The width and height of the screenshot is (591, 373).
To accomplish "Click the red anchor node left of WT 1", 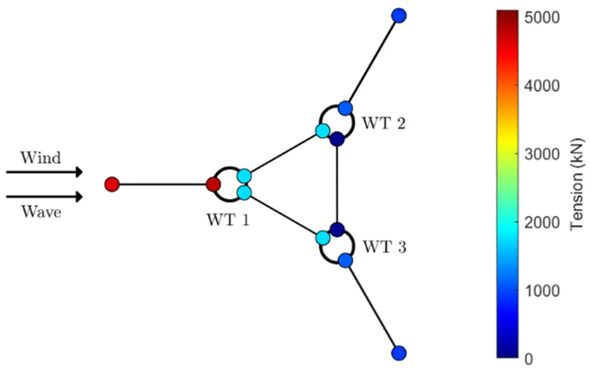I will coord(112,184).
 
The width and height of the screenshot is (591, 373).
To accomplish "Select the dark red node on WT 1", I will coord(214,184).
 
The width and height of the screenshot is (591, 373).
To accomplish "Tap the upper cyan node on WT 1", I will coord(245,176).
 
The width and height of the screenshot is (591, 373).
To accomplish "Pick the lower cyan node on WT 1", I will coord(245,192).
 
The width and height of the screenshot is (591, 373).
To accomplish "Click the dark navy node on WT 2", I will coord(336,140).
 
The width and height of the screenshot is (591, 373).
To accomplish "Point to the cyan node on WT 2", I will coord(322,131).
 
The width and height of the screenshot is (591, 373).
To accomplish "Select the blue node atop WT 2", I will coord(345,108).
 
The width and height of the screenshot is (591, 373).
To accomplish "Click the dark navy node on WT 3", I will coord(336,229).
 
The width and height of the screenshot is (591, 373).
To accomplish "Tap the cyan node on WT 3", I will coord(322,238).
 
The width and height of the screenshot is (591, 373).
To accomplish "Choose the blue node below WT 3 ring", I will coord(345,260).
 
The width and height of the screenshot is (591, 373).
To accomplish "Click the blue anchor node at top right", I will coord(399,15).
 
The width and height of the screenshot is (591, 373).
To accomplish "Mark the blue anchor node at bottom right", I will coord(399,353).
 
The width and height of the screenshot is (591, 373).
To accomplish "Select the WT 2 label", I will coord(383,124).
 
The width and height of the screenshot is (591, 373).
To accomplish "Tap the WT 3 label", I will coord(383,246).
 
